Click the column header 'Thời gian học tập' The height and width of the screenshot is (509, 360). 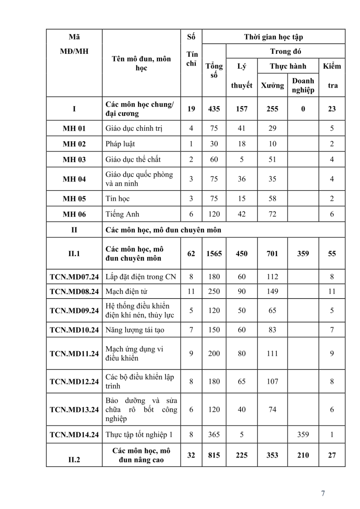[273, 37]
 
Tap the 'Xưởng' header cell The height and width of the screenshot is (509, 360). [272, 85]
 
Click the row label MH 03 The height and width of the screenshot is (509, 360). [74, 159]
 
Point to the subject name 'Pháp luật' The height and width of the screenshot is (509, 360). [121, 144]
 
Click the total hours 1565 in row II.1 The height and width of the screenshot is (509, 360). [214, 254]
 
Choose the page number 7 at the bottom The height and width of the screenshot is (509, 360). [323, 493]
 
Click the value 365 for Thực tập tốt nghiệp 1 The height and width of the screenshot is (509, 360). [214, 434]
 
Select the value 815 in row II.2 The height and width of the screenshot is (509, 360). [214, 455]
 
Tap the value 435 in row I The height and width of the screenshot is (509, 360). [214, 109]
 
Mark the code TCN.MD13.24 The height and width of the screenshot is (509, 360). [74, 409]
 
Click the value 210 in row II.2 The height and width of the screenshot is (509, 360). [303, 455]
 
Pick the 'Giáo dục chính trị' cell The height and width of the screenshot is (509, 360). [134, 128]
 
